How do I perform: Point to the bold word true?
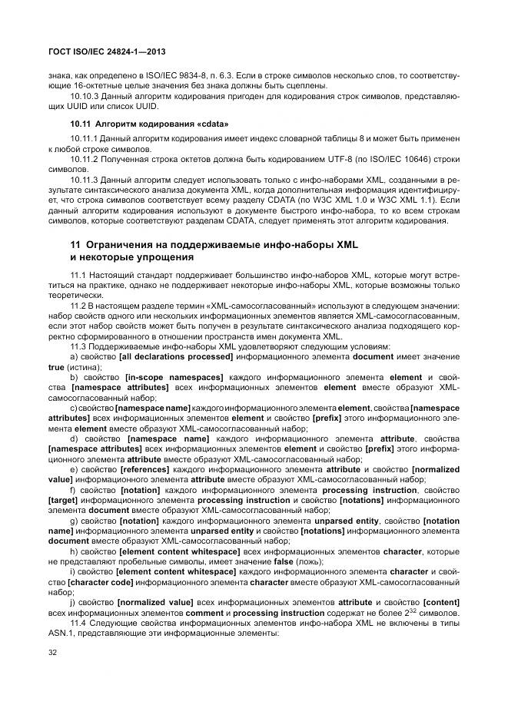pos(56,367)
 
